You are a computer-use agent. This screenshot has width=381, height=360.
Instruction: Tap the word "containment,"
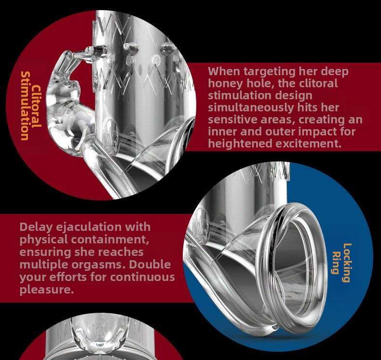point(110,240)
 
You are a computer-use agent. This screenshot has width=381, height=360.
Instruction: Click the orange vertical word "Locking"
point(347,263)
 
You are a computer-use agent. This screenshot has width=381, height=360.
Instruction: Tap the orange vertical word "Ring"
point(336,263)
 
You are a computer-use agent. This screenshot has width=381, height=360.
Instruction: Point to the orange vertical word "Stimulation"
point(25,106)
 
